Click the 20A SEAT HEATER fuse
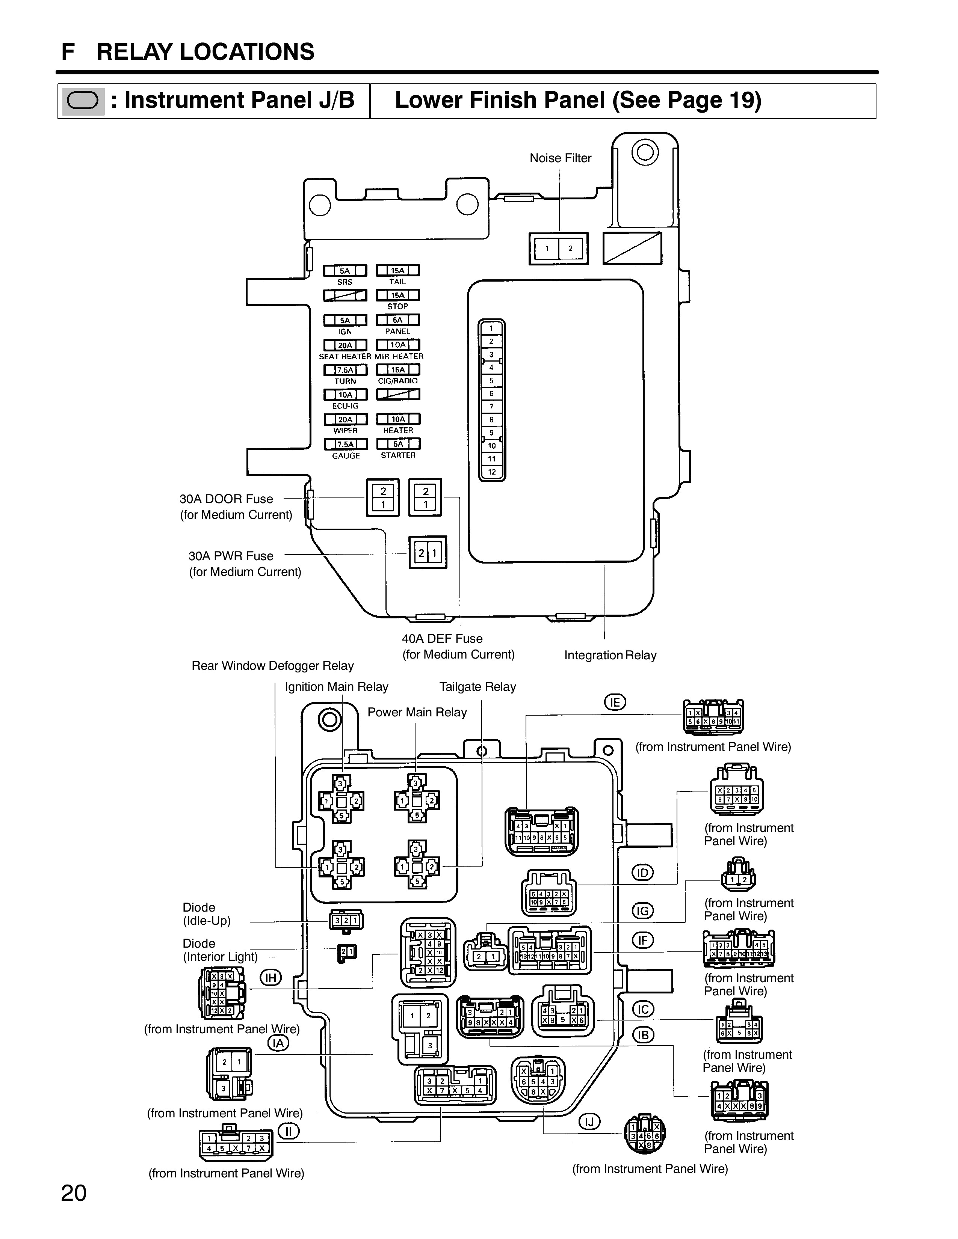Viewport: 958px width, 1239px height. tap(345, 345)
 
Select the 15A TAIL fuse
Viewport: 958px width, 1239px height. tap(398, 271)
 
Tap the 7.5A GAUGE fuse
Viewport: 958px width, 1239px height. tap(345, 444)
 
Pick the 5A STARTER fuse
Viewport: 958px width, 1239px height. tap(398, 444)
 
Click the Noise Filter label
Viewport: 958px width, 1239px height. tap(560, 158)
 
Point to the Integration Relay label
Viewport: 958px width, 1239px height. tap(610, 655)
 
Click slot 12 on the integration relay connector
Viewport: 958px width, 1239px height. tap(491, 472)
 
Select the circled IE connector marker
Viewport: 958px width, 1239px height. tap(615, 702)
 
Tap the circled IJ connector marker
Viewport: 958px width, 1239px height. tap(589, 1121)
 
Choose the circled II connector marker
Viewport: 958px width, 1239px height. tap(288, 1131)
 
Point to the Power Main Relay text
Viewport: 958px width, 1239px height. tap(417, 713)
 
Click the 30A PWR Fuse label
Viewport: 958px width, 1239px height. tap(231, 556)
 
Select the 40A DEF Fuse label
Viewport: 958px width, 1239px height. tap(442, 639)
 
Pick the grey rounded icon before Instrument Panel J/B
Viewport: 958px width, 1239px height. tap(83, 101)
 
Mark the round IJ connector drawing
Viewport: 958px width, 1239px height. tap(644, 1135)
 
